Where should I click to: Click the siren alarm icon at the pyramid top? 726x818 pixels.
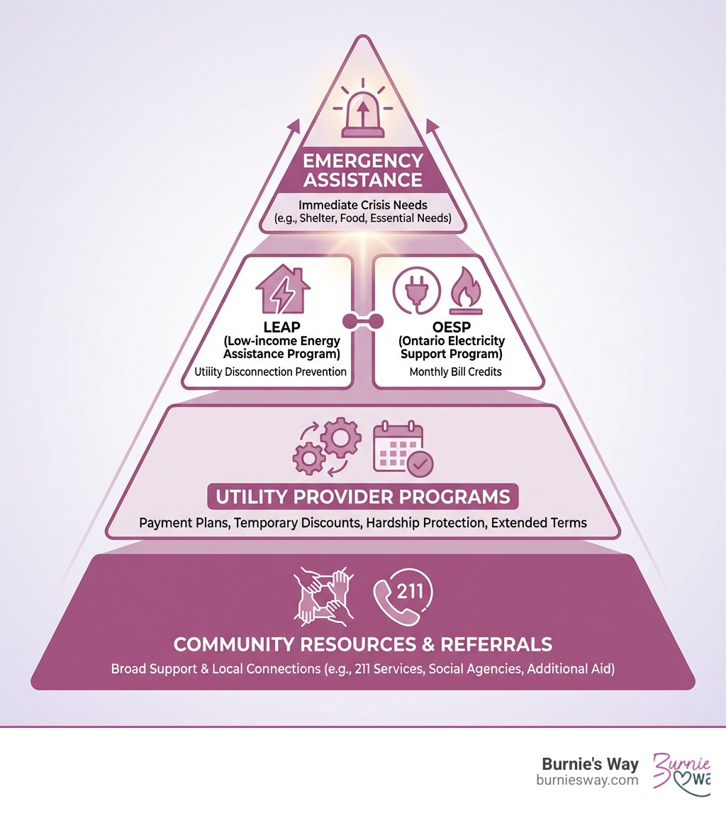pyautogui.click(x=362, y=113)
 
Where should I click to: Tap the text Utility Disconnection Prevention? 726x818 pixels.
pyautogui.click(x=270, y=371)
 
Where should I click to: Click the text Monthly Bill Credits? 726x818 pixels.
pyautogui.click(x=455, y=371)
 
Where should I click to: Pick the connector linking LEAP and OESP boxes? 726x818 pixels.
pyautogui.click(x=362, y=321)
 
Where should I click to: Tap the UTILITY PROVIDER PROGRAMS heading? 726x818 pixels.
pyautogui.click(x=363, y=496)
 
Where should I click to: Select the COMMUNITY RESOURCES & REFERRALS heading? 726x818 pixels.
pyautogui.click(x=363, y=644)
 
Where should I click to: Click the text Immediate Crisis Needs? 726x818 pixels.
pyautogui.click(x=363, y=204)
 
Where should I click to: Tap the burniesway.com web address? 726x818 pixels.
pyautogui.click(x=588, y=780)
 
